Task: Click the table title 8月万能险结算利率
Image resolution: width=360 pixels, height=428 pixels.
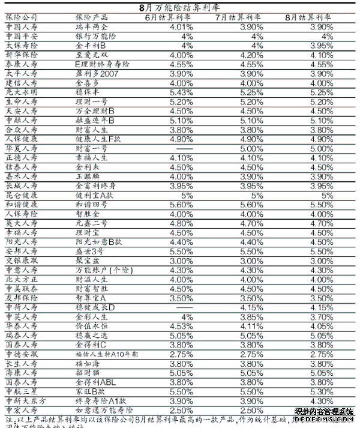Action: pyautogui.click(x=179, y=7)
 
